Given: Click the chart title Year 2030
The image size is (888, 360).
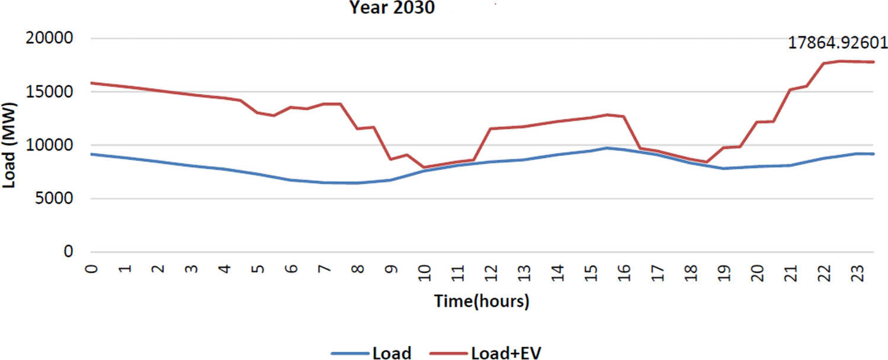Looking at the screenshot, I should [392, 8].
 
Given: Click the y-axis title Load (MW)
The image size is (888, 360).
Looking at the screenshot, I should [9, 145].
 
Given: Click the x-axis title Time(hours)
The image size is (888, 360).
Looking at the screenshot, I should [482, 301].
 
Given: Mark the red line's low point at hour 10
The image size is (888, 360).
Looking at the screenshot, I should [424, 168].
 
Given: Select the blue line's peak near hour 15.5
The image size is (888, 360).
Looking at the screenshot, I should [607, 148].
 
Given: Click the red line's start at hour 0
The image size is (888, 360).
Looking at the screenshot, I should [91, 83].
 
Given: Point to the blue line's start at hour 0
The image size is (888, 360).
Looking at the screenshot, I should [91, 154].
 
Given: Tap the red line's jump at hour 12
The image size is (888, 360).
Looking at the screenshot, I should [491, 128].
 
